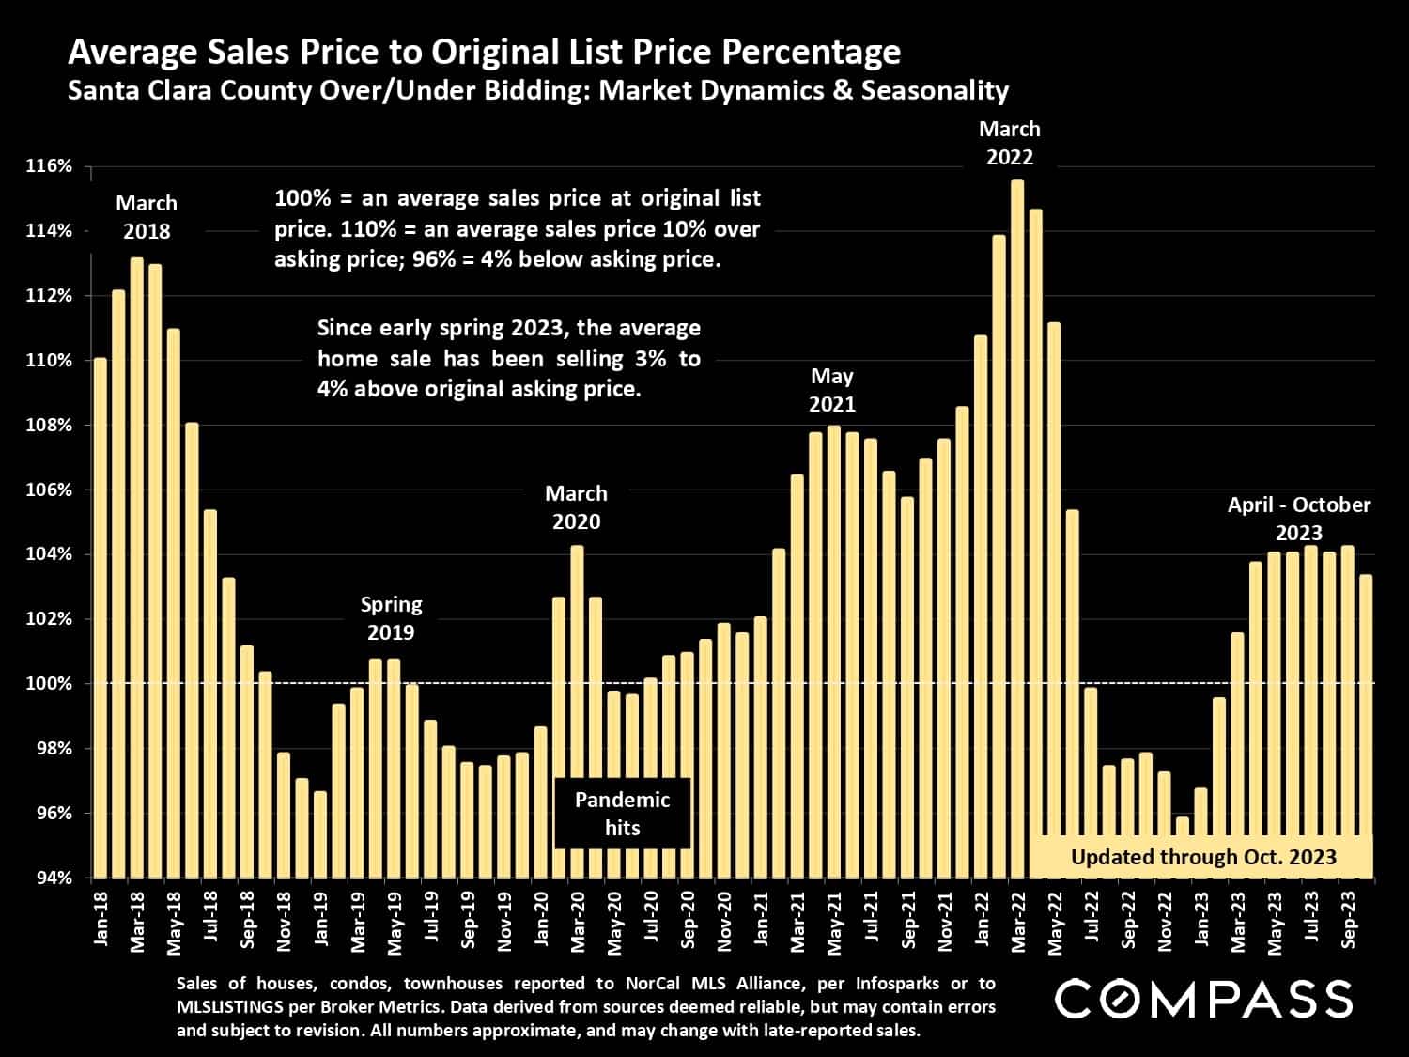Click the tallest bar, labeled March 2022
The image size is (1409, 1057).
(1017, 526)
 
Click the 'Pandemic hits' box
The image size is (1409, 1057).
(622, 814)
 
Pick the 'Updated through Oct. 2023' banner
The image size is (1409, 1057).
(1203, 857)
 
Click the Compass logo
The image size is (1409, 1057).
(1203, 999)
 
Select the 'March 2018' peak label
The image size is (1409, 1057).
(147, 217)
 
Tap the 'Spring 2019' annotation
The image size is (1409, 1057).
(392, 618)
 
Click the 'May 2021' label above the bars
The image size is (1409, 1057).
(832, 390)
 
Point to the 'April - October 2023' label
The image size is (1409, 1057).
(1299, 519)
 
